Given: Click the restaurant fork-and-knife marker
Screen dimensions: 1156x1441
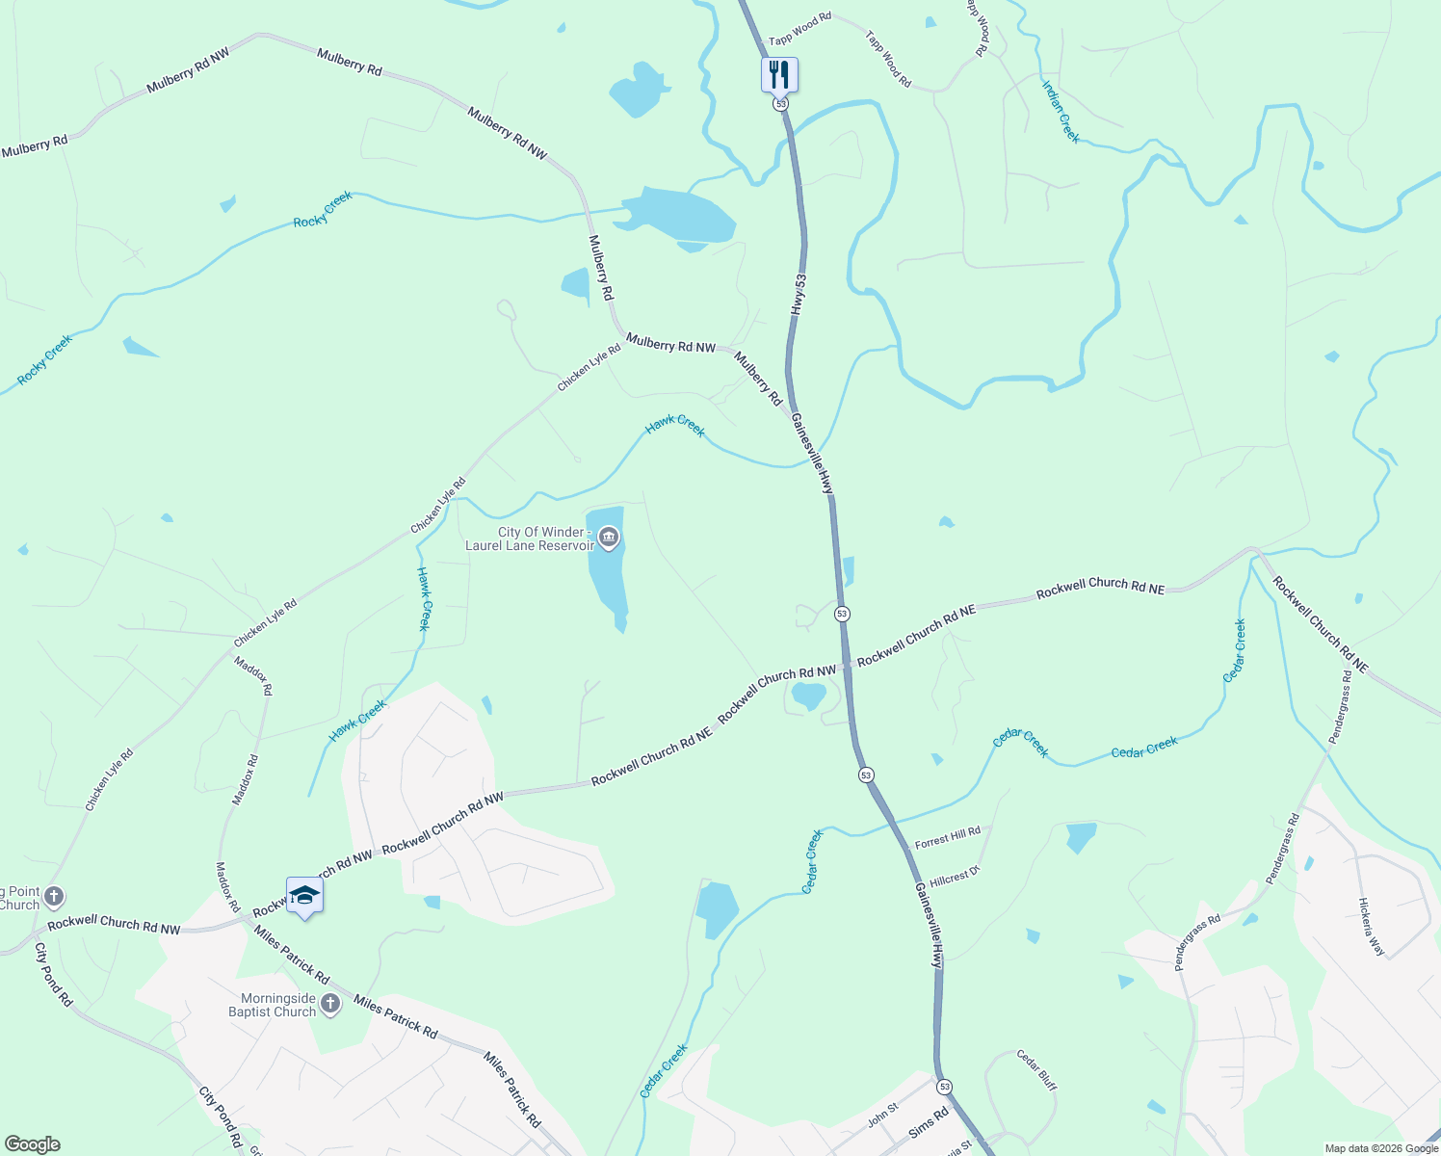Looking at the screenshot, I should pyautogui.click(x=779, y=74).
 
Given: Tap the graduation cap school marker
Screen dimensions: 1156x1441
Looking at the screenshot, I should pyautogui.click(x=304, y=896).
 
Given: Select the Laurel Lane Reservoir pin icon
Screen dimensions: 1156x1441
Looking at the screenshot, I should pyautogui.click(x=608, y=538).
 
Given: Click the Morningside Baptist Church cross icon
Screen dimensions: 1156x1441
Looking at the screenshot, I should pyautogui.click(x=330, y=1005).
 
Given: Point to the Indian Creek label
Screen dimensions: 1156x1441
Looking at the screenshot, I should pyautogui.click(x=1061, y=112).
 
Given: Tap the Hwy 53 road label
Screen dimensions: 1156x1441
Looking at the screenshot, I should pyautogui.click(x=799, y=294).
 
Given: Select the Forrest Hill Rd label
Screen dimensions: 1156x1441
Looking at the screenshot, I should pyautogui.click(x=947, y=837).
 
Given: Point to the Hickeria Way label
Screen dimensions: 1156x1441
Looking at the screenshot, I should pyautogui.click(x=1371, y=927).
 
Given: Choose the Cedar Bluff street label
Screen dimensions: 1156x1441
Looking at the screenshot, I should pyautogui.click(x=1036, y=1070).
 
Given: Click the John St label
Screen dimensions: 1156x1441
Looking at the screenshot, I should pyautogui.click(x=882, y=1115).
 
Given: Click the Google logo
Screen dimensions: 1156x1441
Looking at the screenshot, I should pyautogui.click(x=32, y=1144).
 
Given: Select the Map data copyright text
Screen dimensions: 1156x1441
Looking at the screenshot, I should pyautogui.click(x=1381, y=1148).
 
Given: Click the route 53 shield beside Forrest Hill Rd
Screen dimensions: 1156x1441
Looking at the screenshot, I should pyautogui.click(x=866, y=775).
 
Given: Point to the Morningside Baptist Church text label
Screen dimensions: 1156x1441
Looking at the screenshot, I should pyautogui.click(x=272, y=1005).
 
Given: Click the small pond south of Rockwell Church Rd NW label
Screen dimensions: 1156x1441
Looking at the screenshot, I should pyautogui.click(x=807, y=694).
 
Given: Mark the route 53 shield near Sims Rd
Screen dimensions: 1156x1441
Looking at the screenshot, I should pyautogui.click(x=944, y=1087).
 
